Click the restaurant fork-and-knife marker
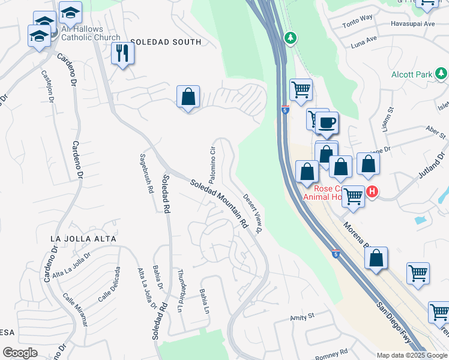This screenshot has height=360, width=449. click(122, 53)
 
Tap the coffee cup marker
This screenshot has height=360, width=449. click(327, 123)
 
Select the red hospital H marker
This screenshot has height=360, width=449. click(372, 192)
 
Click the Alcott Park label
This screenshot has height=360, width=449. click(412, 74)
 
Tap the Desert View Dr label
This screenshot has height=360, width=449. click(253, 214)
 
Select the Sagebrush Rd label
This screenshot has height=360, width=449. click(144, 172)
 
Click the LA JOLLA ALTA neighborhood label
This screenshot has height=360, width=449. click(83, 239)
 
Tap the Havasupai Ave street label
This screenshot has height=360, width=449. click(413, 24)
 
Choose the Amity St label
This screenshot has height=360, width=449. click(303, 316)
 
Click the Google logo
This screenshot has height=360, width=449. click(20, 353)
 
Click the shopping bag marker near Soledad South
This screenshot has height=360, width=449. click(188, 96)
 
